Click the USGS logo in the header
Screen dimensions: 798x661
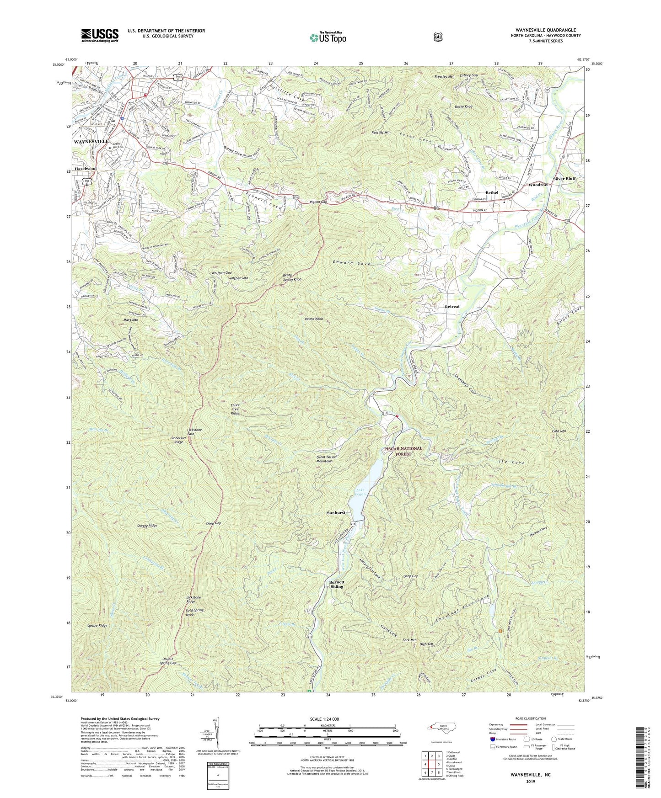100,35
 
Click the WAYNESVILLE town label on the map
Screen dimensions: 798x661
91,142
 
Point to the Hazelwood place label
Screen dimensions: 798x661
86,169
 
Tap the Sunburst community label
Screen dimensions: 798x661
336,513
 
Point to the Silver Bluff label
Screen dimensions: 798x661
564,179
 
